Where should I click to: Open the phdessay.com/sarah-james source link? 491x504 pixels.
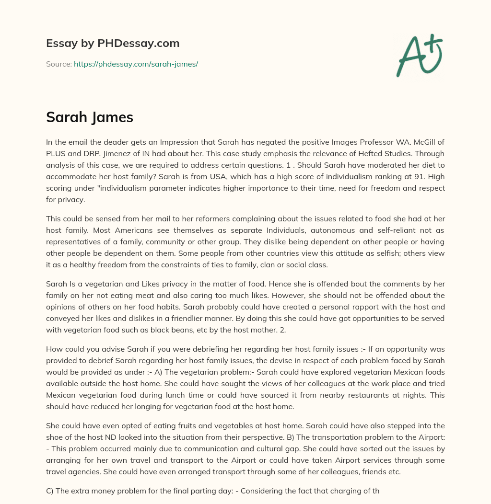coord(136,64)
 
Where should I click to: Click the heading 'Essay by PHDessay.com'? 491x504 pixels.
coord(113,43)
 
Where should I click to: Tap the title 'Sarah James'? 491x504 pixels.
coord(89,117)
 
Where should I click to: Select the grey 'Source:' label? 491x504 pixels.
coord(58,64)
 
